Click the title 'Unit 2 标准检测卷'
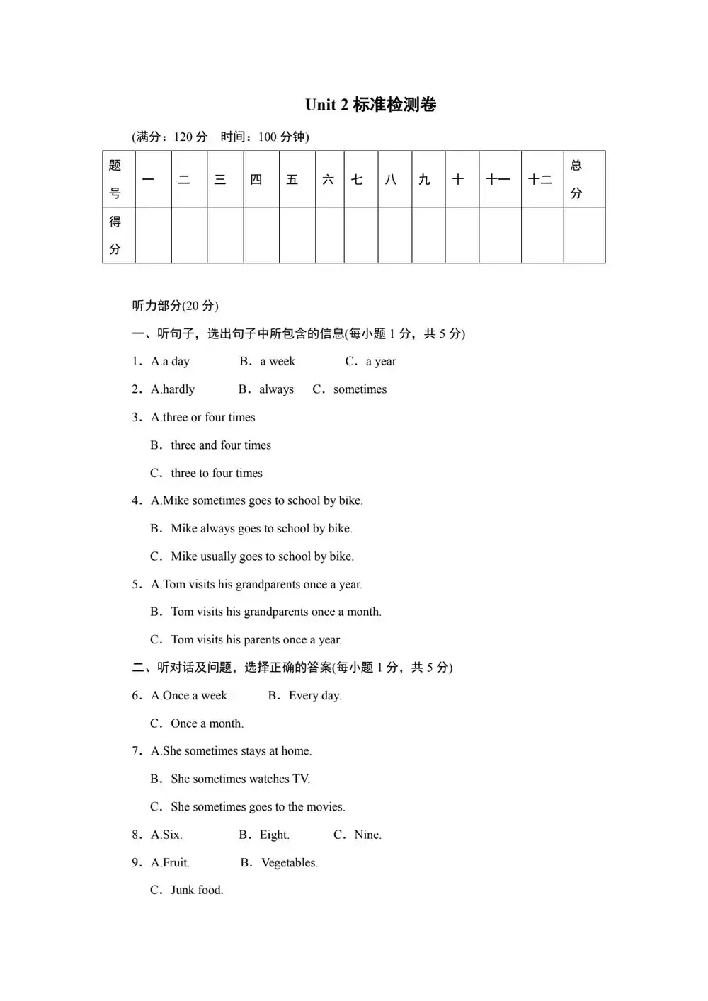coord(370,105)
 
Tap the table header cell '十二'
coord(541,180)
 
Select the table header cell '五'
coord(292,180)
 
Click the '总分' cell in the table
coord(577,179)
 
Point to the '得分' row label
coord(115,235)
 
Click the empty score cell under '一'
coord(152,235)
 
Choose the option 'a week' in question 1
coord(277,362)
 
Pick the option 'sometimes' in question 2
coord(360,389)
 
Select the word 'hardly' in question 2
coord(178,389)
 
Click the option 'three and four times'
coord(220,445)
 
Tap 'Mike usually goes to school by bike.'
coord(262,556)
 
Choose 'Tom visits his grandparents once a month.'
coord(275,612)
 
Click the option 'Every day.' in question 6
coord(314,696)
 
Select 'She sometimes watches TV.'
coord(240,779)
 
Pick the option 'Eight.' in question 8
coord(274,835)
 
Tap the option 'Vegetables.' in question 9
coord(289,863)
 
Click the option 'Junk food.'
coord(196,891)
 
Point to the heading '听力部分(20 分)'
coord(175,306)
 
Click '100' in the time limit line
coord(268,137)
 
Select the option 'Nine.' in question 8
coord(367,835)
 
